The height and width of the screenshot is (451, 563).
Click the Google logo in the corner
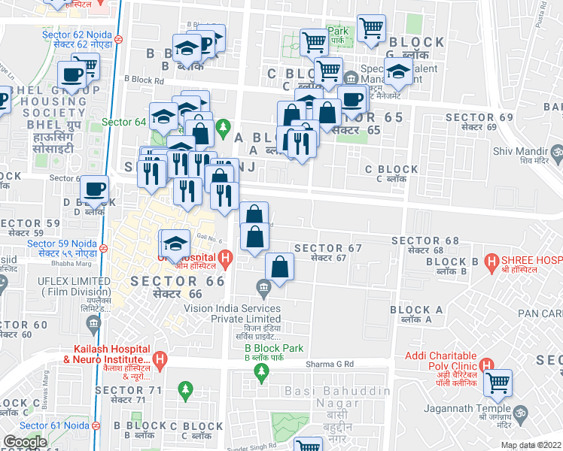pos(25,442)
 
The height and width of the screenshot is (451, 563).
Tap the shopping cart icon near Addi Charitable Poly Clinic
pos(498,383)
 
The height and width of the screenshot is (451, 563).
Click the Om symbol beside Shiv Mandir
pos(558,155)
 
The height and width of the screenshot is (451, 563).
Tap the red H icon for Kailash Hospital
pos(159,360)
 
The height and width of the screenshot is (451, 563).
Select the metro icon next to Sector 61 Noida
pos(96,426)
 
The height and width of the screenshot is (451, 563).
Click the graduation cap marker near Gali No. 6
pos(175,242)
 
